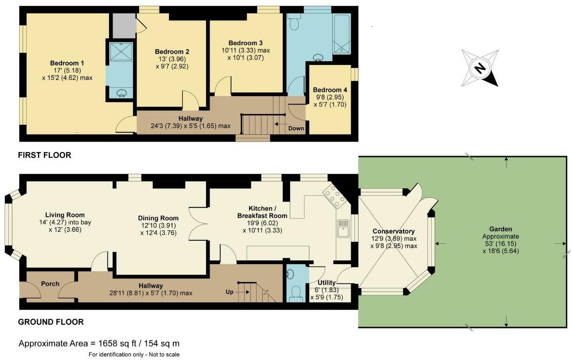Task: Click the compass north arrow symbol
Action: point(480,68)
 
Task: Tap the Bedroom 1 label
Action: point(67,63)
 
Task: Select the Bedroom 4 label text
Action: point(329,90)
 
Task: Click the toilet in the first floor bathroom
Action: point(295,24)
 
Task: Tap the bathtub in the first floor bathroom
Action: point(342,34)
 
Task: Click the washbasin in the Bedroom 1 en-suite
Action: point(121,93)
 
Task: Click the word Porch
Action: point(50,284)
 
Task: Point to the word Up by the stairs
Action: point(229,292)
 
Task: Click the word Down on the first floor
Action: point(296,128)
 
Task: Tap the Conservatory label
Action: point(394,231)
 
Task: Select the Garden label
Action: point(501,229)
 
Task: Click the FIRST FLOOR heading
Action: point(45,155)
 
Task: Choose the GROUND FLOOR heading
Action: point(51,322)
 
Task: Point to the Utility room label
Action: point(327,283)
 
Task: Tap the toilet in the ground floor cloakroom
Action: point(297,291)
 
